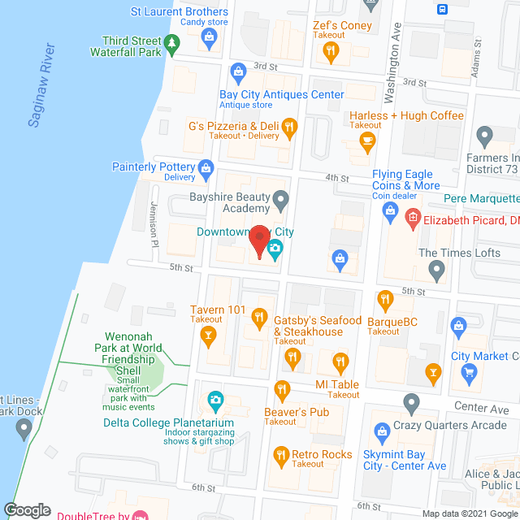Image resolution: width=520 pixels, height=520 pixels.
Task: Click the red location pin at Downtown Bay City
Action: coord(259,241)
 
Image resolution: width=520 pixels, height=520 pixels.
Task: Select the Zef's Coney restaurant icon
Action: coord(331,51)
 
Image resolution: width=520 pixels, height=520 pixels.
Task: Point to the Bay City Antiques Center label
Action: coord(281,94)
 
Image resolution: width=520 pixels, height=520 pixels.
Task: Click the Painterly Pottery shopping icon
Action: coord(206,168)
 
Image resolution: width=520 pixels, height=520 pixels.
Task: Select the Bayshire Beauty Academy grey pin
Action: coord(280,197)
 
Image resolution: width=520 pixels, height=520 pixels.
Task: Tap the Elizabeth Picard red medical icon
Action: coord(413,217)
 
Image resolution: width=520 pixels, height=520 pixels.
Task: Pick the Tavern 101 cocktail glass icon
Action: coord(209,333)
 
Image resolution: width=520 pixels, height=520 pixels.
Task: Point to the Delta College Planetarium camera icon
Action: coord(215,399)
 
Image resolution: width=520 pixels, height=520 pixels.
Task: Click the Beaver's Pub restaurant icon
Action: coord(283,389)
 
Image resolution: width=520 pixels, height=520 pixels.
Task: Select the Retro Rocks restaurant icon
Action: coord(281,454)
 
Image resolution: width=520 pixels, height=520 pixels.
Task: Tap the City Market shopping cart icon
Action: coord(468,371)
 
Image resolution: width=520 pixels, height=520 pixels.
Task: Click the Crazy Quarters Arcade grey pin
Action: coord(411,401)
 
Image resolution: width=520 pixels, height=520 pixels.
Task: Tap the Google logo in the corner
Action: coord(27,509)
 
